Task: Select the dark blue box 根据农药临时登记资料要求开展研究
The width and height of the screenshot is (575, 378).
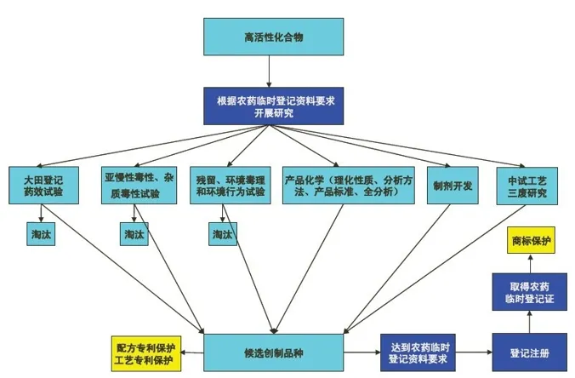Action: [x=269, y=107]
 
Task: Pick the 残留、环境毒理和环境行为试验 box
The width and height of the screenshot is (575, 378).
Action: [x=228, y=186]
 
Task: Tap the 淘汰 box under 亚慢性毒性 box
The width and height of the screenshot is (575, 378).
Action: [x=134, y=233]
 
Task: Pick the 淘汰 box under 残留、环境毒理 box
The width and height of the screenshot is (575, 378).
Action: [x=223, y=233]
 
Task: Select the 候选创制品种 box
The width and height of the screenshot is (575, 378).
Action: [x=273, y=352]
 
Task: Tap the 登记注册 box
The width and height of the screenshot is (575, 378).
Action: [x=528, y=352]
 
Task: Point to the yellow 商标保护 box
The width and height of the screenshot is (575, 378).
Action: [x=531, y=242]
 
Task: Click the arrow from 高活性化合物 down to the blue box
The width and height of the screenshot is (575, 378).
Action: [x=268, y=75]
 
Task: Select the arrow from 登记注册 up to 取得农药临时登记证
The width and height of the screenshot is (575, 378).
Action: [x=528, y=322]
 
